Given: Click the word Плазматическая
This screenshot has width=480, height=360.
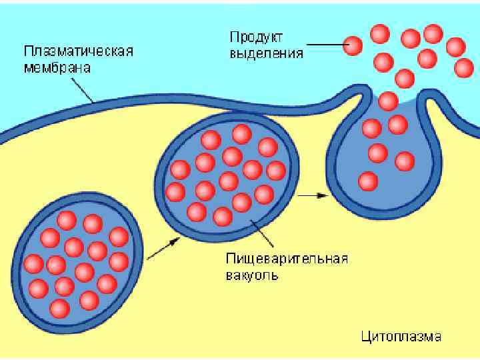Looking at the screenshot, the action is point(78,51).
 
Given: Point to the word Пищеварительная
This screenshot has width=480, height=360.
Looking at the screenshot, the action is point(287,259).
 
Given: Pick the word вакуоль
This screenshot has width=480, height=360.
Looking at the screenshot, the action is point(252,275).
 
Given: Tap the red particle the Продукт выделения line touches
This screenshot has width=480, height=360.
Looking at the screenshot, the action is point(353,45).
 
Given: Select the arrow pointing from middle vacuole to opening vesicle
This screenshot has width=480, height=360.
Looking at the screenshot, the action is point(312,195).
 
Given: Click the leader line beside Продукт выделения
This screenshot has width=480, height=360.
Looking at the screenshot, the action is point(325,45).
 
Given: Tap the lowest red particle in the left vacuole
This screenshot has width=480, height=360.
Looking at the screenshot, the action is point(59,308).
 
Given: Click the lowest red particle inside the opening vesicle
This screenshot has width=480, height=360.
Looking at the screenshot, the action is point(367,181).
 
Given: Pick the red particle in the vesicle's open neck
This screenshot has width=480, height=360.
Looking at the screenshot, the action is point(387,101).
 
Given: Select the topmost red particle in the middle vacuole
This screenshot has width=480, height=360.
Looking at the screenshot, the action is point(242,134).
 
